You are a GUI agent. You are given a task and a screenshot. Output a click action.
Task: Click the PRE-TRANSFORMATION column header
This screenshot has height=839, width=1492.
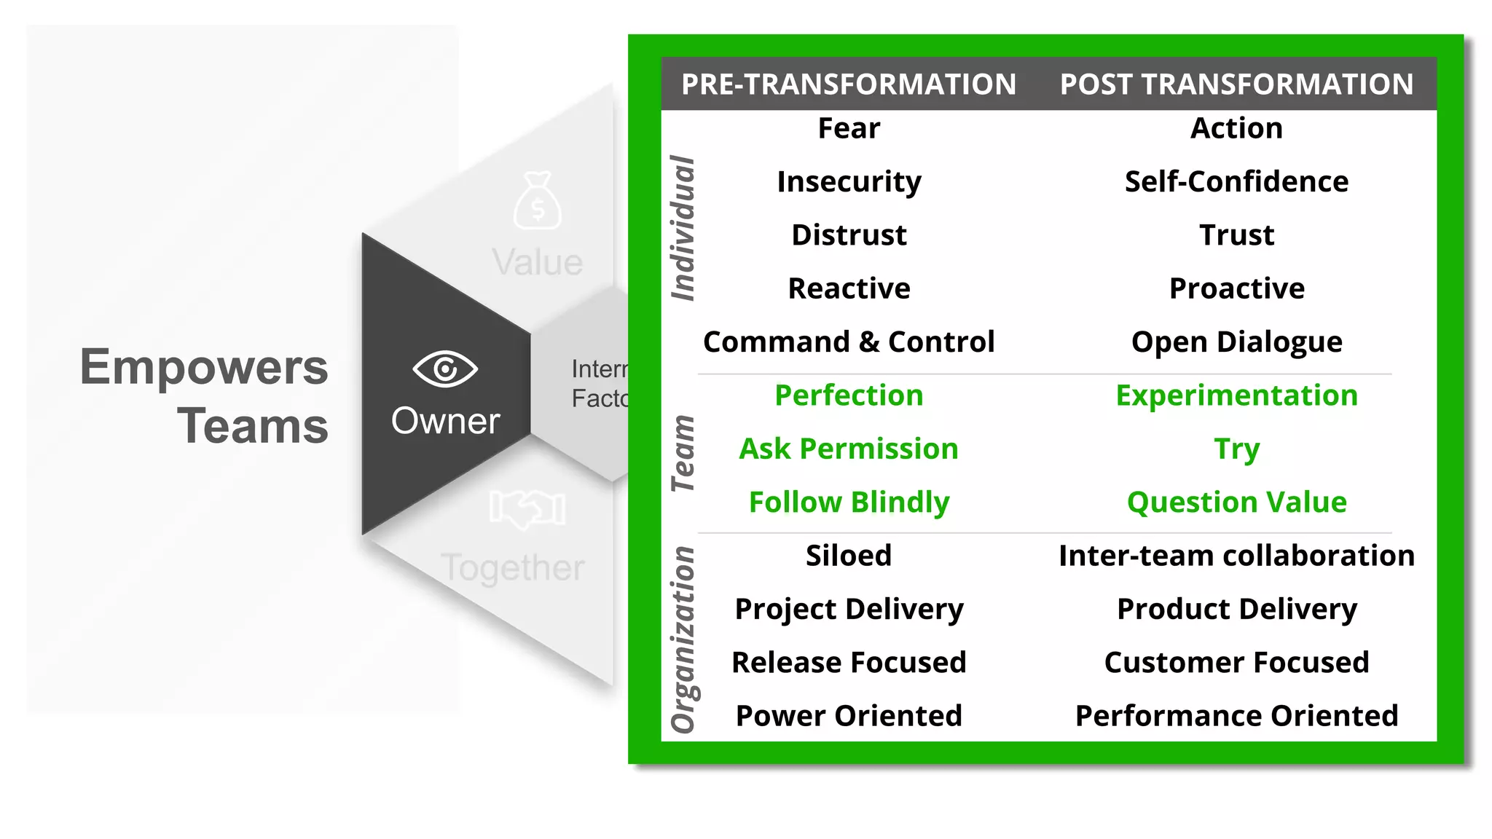coord(848,84)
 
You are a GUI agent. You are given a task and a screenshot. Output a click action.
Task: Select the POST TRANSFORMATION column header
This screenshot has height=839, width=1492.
coord(1236,84)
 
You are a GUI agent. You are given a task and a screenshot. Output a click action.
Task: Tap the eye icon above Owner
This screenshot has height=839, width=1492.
coord(445,369)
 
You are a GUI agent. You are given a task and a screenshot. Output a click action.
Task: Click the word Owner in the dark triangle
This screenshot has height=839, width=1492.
coord(445,421)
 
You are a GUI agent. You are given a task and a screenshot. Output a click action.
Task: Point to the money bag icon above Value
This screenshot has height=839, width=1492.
coord(537,201)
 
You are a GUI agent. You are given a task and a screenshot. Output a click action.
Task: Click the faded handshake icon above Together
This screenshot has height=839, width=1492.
coord(527,508)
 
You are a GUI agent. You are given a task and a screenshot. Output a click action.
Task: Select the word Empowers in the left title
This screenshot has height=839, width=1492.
coord(204,366)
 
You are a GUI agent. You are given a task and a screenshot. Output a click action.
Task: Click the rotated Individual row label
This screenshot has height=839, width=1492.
coord(683,228)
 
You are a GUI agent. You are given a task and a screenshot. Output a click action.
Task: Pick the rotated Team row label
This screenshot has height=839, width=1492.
coord(683,453)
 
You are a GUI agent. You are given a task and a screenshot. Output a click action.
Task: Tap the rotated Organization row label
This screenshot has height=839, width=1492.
coord(683,639)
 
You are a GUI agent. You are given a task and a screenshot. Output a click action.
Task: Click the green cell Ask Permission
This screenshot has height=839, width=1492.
coord(849,449)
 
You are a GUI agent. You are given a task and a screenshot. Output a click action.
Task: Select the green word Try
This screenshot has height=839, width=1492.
coord(1236,449)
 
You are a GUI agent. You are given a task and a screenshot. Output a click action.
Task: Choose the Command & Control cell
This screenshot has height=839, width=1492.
coord(849,342)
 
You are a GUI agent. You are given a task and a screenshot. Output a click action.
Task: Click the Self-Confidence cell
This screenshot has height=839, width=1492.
coord(1236,181)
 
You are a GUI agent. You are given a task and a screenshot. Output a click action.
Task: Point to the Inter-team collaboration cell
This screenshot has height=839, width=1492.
coord(1236,556)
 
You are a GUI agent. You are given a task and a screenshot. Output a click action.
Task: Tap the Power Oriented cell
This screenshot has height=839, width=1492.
coord(849,716)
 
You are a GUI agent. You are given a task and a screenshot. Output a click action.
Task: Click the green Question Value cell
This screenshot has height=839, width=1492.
coord(1236,503)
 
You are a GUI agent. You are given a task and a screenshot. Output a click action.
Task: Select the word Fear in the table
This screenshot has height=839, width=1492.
coord(849,128)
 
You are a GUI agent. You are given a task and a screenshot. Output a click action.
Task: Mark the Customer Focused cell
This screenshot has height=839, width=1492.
coord(1236,663)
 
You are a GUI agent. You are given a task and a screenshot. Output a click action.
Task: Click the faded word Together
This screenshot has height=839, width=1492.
coord(512,568)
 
